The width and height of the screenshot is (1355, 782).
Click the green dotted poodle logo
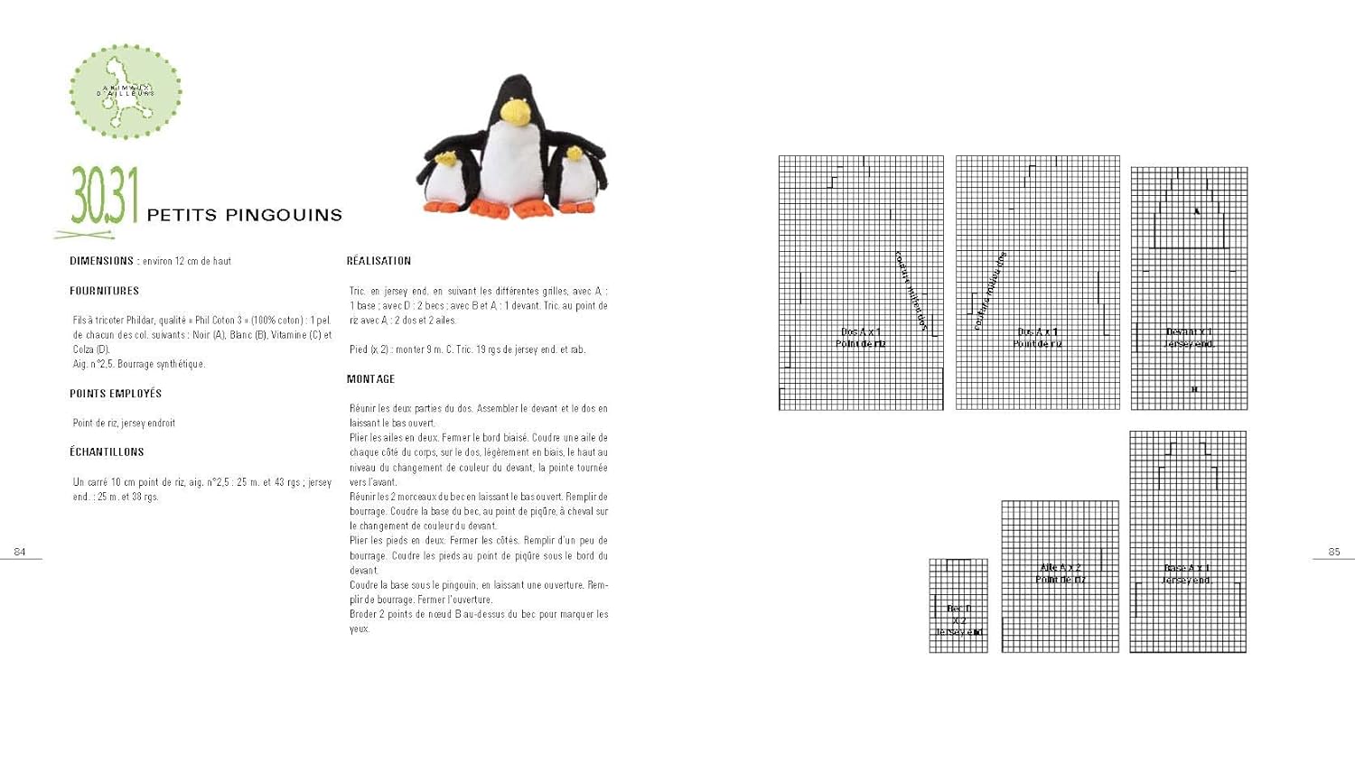126,91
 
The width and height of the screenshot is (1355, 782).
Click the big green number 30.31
105,196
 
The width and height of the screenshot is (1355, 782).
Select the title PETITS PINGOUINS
244,215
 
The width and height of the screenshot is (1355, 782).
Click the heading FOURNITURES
104,291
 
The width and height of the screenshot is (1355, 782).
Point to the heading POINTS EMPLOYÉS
116,394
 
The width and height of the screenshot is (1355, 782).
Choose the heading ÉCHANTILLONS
107,452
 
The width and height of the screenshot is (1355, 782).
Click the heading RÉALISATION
378,261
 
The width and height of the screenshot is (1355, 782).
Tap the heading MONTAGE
370,379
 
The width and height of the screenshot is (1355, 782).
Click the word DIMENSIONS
101,261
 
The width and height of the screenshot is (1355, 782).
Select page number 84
20,552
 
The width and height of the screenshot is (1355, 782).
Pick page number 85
1334,552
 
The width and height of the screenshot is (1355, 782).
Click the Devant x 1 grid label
1189,338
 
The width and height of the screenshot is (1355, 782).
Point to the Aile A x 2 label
1061,573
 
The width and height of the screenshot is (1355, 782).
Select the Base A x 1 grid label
1187,574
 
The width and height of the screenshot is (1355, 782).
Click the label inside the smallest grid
958,620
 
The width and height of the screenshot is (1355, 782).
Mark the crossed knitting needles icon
83,235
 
